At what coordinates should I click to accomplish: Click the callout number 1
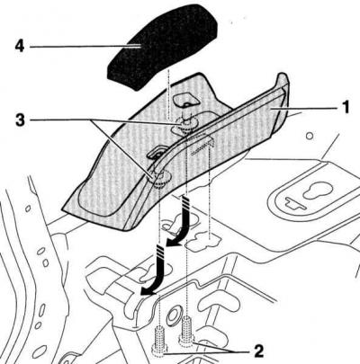[346, 107]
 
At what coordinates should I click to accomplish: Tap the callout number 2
[258, 351]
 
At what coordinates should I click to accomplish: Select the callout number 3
[21, 120]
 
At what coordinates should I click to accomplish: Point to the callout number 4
[20, 47]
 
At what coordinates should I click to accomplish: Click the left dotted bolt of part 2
[160, 342]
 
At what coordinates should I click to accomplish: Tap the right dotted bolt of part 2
[187, 330]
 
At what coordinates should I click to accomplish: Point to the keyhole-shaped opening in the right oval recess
[318, 191]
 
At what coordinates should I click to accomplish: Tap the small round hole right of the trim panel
[310, 137]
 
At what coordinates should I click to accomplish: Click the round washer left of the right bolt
[173, 316]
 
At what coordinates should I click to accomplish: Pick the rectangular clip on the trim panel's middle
[157, 152]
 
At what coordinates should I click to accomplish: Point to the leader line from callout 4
[85, 47]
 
